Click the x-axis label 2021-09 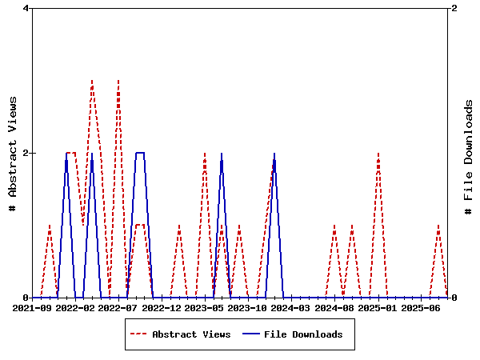[33, 308]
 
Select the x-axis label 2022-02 [75, 308]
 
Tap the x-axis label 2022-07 [118, 308]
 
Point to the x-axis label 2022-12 [162, 308]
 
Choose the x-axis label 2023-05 [205, 308]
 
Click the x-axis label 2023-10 [248, 308]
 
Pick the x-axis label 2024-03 [291, 308]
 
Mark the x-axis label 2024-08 [334, 308]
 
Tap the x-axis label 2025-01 [378, 308]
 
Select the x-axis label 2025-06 [421, 308]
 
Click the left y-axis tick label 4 [26, 9]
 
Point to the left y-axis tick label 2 [26, 153]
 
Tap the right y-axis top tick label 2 [454, 9]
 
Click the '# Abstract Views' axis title [12, 153]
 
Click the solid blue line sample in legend [251, 334]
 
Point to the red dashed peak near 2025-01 [378, 153]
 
